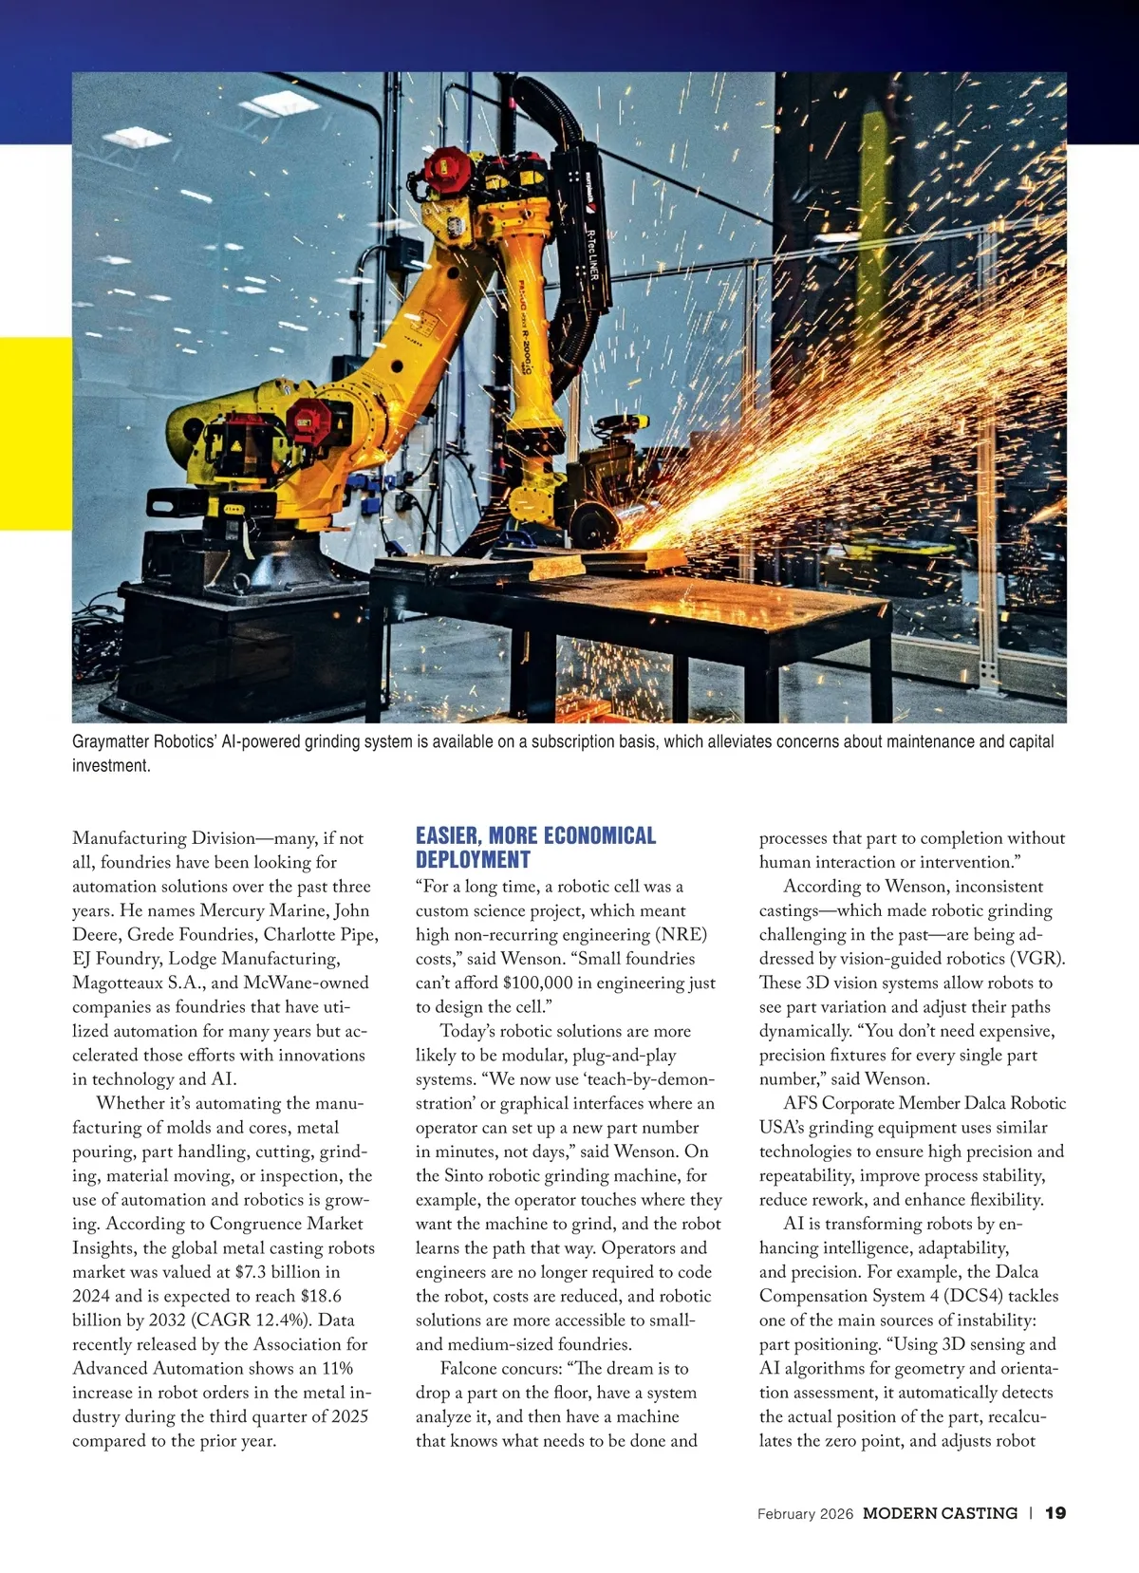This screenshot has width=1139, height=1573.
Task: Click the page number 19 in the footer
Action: pos(1055,1513)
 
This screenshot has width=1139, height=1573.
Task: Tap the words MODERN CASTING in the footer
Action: pos(940,1513)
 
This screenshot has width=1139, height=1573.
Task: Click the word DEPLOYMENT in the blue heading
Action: pos(473,860)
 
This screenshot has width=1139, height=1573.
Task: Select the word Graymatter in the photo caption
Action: pos(109,741)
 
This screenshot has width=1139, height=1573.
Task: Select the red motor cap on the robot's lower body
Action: pos(307,418)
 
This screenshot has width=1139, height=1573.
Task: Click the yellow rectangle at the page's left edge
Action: pos(35,433)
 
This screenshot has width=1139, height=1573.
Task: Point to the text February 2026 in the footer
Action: pos(805,1514)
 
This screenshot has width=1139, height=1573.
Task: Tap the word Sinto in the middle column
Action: pos(465,1175)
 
